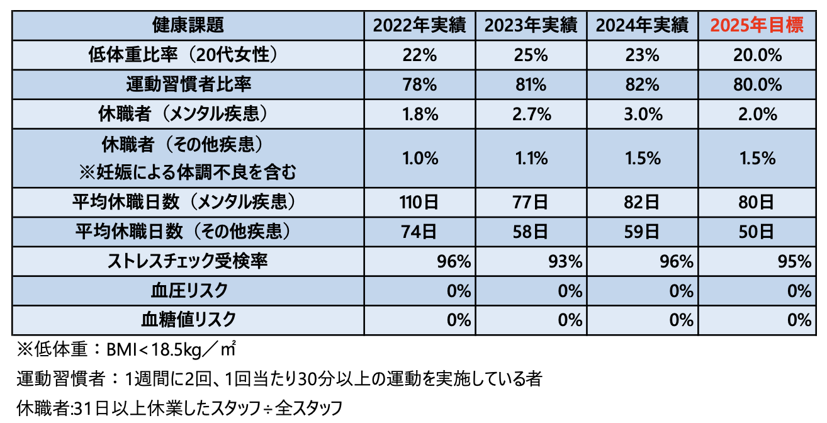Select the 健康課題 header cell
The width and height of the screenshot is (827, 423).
188,26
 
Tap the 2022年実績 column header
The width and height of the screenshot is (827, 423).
419,26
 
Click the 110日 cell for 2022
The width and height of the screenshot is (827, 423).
419,203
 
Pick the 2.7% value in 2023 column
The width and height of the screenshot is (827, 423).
531,115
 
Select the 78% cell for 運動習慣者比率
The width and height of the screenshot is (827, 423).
419,84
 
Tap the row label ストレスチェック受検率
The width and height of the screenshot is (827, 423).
188,261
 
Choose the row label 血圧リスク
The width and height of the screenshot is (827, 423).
188,291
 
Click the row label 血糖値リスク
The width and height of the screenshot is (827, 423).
188,320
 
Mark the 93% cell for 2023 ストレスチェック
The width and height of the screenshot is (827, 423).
566,261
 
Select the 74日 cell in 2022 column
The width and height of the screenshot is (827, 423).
419,232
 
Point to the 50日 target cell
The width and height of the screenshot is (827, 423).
757,232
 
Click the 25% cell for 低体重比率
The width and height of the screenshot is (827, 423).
531,55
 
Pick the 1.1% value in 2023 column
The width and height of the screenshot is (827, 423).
531,159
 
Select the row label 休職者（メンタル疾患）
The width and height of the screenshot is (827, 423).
188,115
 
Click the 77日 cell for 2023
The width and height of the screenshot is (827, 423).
531,203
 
